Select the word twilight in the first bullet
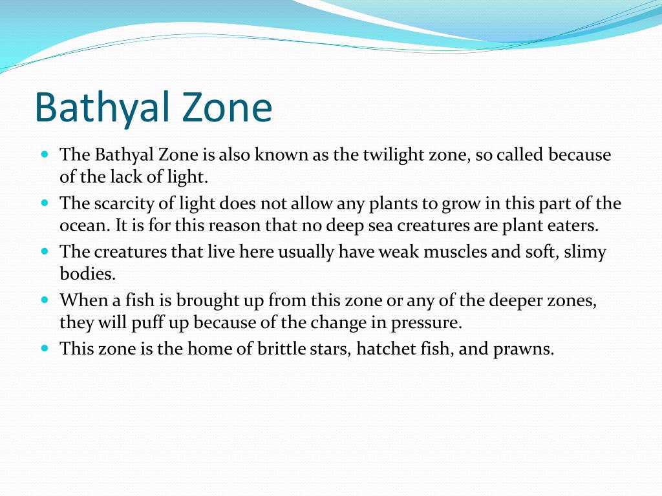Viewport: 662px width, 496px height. [x=390, y=155]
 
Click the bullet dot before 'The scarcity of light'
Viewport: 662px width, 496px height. [x=45, y=203]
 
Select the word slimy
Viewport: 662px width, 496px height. [x=584, y=252]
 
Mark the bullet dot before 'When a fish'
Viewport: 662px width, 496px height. [x=45, y=299]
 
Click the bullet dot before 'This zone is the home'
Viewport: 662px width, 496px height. [x=45, y=347]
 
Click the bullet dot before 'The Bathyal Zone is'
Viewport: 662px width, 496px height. [x=45, y=154]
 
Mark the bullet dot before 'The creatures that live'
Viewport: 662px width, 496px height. [x=45, y=251]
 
